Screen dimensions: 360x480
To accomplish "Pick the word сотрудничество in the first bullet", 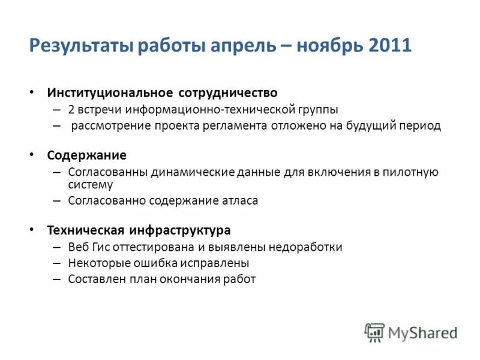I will [x=227, y=93].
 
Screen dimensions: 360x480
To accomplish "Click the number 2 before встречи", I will [x=71, y=110].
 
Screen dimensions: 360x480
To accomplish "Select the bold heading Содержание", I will [x=87, y=155].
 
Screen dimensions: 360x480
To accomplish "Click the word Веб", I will [x=78, y=247].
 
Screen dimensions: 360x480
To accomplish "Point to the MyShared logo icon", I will [x=374, y=332].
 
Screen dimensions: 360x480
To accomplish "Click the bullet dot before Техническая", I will [x=32, y=230].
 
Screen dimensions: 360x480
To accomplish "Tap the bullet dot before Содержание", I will [x=32, y=155].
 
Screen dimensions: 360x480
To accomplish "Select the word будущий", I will [x=380, y=126].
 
